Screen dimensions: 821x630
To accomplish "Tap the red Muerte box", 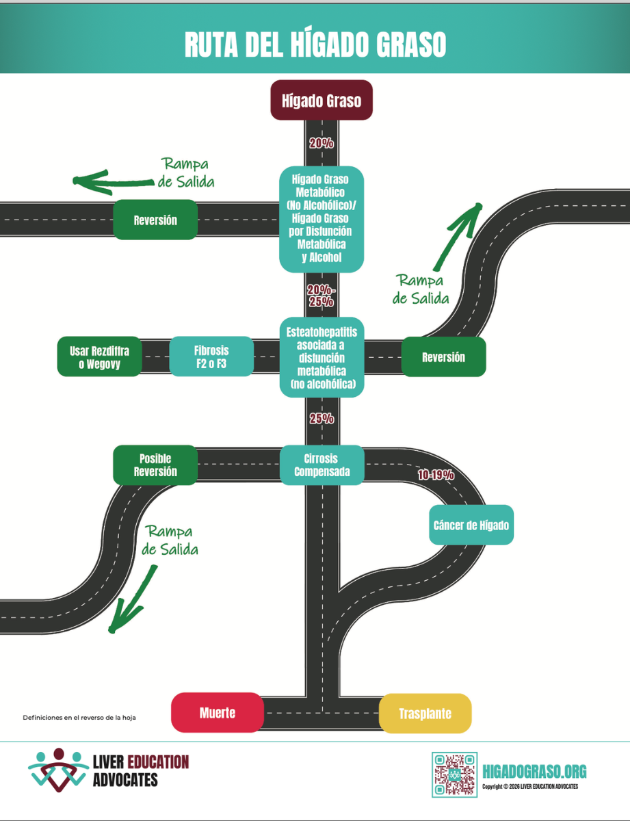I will tap(218, 713).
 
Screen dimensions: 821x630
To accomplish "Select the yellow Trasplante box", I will tap(425, 714).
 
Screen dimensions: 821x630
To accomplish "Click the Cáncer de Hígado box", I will tap(471, 525).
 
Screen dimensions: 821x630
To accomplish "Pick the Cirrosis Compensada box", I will tap(321, 465).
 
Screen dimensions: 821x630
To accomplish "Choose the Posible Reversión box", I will tap(155, 465).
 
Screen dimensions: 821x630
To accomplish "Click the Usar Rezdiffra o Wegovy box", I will tap(99, 357).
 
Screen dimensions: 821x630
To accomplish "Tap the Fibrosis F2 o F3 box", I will tap(211, 357).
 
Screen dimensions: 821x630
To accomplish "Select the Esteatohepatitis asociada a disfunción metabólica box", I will tap(321, 358).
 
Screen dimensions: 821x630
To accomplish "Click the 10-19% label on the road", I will tap(436, 475).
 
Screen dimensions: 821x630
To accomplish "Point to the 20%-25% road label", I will tap(321, 295).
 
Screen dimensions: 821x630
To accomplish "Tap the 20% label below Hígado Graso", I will tap(321, 144).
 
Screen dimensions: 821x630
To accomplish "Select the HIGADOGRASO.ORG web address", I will tap(534, 772).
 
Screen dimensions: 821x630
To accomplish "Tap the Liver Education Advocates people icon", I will tap(58, 770).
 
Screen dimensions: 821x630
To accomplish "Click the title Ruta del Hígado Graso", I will tap(315, 44).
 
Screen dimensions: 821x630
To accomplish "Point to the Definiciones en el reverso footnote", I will tap(79, 718).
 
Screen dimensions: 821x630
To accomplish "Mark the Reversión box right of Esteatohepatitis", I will tap(443, 357).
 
